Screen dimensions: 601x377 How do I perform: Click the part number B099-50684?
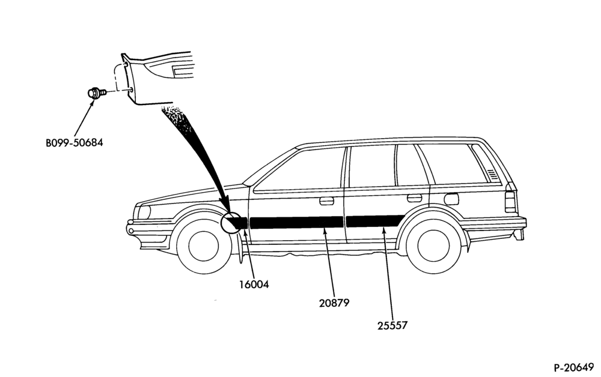coord(75,143)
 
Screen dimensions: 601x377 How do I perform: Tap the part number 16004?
coord(254,285)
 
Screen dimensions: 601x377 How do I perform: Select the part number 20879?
coord(334,303)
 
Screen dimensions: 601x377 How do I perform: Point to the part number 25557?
coord(392,326)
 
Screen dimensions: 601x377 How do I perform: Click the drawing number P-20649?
coord(574,367)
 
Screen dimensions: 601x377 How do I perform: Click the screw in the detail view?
coord(96,93)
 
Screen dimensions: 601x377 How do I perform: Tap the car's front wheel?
coord(204,246)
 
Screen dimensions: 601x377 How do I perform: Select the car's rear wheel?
coord(433,246)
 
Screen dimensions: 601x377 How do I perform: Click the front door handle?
coord(326,201)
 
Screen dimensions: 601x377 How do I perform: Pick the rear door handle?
coord(414,198)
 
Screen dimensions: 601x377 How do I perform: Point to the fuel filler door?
coord(451,199)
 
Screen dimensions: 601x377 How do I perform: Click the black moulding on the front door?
coord(296,222)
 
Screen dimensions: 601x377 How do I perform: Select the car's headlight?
coord(144,213)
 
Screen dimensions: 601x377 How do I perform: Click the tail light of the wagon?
coord(510,202)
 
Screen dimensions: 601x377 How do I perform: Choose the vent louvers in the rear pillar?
coord(493,174)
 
